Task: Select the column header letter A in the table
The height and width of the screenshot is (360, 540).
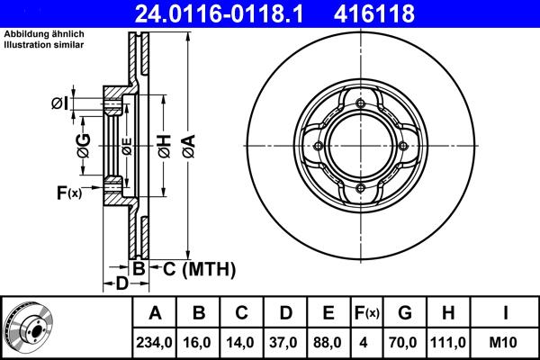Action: (155, 313)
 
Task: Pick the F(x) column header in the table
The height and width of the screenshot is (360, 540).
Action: (366, 313)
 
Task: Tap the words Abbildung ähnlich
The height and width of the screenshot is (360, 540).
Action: (44, 33)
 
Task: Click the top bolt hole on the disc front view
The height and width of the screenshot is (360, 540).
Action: (360, 105)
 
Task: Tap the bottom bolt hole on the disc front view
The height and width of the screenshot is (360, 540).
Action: (360, 188)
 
